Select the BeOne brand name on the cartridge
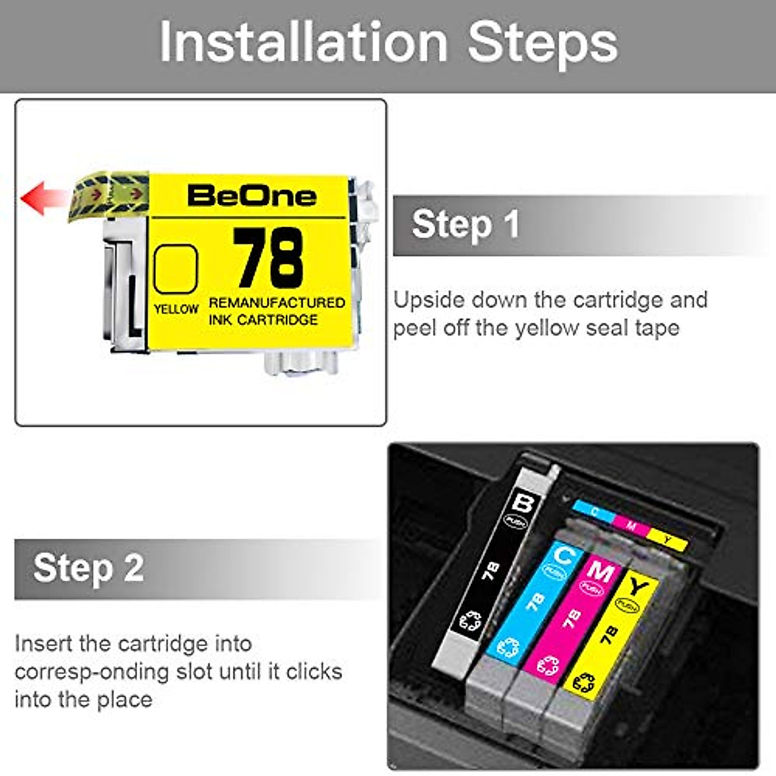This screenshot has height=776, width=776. click(x=252, y=196)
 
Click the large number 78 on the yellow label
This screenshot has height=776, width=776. click(x=268, y=258)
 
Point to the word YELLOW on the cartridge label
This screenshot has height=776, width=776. click(x=176, y=309)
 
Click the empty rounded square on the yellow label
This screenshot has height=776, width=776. click(x=175, y=269)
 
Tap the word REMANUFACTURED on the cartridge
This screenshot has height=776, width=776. click(x=277, y=303)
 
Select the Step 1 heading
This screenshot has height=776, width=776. click(x=466, y=224)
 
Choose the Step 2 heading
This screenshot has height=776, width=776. click(x=89, y=568)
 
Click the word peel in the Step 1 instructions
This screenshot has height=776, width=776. click(x=415, y=328)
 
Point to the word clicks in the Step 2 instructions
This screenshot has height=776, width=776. click(x=314, y=671)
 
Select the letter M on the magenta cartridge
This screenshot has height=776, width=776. click(x=600, y=572)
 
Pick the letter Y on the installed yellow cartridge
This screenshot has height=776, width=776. click(x=639, y=587)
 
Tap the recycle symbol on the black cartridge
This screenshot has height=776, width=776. click(x=470, y=621)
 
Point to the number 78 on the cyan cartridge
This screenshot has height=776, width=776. click(x=535, y=602)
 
